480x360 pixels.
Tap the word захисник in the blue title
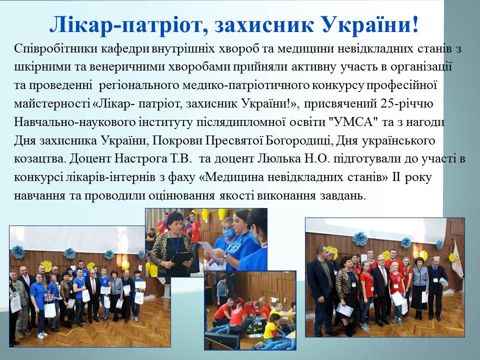pos(263,24)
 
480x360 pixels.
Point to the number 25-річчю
pos(407,104)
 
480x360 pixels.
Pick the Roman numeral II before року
pos(396,177)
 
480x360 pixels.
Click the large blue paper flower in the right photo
pos(360,239)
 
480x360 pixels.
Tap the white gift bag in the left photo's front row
pos(50,310)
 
